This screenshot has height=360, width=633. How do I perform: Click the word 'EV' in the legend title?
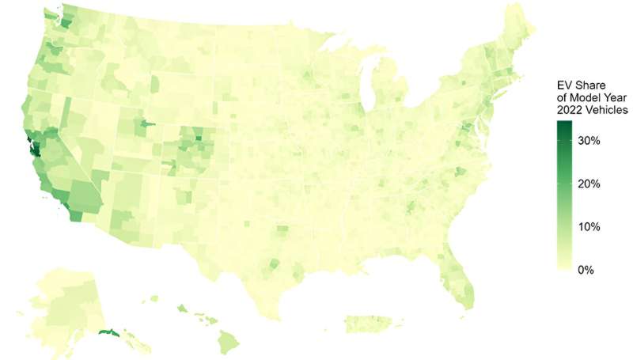coord(563,85)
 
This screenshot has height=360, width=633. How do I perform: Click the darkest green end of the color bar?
coord(566,124)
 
